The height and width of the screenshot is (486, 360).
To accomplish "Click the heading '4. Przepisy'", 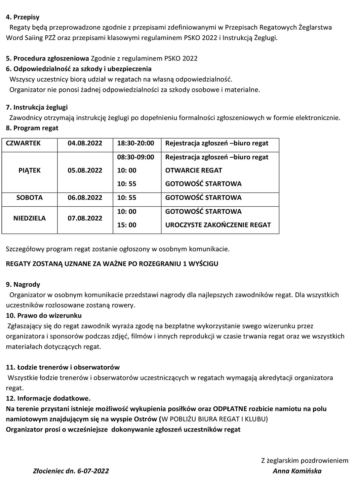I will click(23, 17).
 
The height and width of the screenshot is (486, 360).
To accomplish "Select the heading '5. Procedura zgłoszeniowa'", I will click(47, 58).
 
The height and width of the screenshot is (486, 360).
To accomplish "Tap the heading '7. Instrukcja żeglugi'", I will click(37, 108).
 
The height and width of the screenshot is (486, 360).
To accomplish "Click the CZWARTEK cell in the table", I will click(23, 143).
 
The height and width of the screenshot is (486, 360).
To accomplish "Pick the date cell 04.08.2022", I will click(85, 143).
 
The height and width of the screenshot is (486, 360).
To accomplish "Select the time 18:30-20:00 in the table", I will click(135, 143).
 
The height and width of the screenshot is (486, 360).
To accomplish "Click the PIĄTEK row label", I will click(29, 170).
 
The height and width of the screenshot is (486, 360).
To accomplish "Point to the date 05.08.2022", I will click(85, 170).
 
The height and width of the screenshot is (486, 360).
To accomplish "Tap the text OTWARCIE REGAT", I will click(194, 170).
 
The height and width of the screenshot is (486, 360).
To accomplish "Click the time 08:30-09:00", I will click(135, 157).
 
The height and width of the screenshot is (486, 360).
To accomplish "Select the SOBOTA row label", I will click(29, 198).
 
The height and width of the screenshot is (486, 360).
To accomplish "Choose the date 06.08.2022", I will click(85, 198).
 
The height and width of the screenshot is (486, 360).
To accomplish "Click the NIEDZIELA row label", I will click(29, 218).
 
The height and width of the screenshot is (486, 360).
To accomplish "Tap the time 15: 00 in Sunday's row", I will click(127, 225).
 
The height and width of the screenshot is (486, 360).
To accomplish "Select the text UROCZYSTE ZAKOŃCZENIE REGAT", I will click(218, 225).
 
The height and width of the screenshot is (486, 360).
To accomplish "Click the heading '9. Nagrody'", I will click(23, 285).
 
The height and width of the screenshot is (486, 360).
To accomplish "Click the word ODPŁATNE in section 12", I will click(230, 409).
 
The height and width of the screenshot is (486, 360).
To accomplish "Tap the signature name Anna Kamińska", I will click(297, 471).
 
